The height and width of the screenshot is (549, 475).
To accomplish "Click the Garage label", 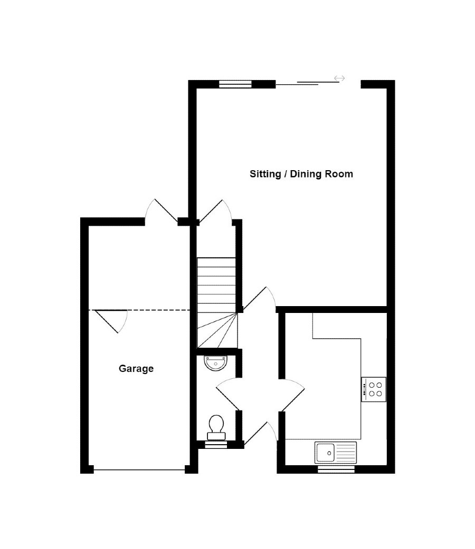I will [x=136, y=369].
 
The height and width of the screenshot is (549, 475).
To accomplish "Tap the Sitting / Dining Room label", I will [x=301, y=174].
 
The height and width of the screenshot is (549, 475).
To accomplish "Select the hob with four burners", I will [x=374, y=389].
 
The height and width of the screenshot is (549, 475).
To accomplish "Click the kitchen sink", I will [x=336, y=453].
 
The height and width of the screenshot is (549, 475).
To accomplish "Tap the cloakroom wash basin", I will [x=216, y=362].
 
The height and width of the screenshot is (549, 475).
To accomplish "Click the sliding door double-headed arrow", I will [x=339, y=79].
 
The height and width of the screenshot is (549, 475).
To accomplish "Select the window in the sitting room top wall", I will [x=235, y=83].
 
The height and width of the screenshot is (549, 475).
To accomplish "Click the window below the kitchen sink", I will [x=336, y=469].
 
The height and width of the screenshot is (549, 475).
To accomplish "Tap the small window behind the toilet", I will [x=215, y=445].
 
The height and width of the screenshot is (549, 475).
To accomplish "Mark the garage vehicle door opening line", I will [x=139, y=469].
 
